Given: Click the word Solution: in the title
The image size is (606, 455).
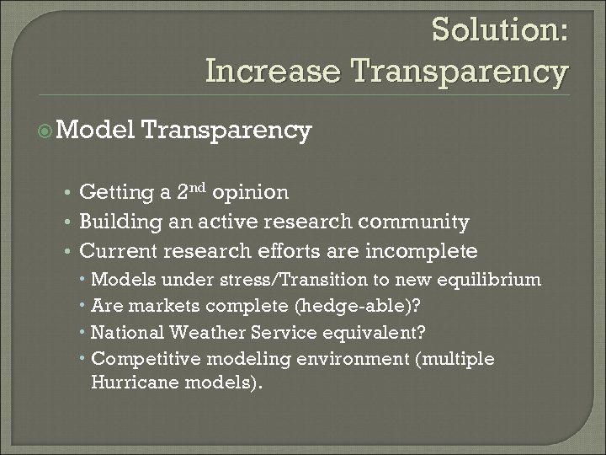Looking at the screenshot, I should click(x=500, y=30).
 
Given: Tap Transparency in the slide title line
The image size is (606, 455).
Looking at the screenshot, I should click(x=462, y=71).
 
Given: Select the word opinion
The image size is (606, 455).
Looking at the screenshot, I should click(x=252, y=193).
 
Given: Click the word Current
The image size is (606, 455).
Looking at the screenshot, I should click(x=116, y=251).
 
